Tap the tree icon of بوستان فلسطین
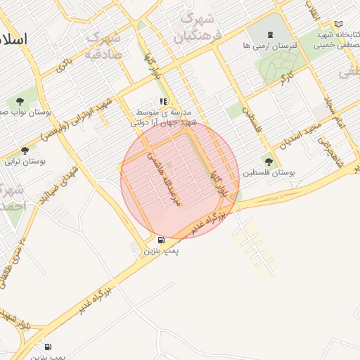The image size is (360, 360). (267, 161)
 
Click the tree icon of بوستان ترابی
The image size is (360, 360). (25, 150)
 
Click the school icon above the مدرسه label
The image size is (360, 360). (163, 101)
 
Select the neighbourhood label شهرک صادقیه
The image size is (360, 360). (104, 45)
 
